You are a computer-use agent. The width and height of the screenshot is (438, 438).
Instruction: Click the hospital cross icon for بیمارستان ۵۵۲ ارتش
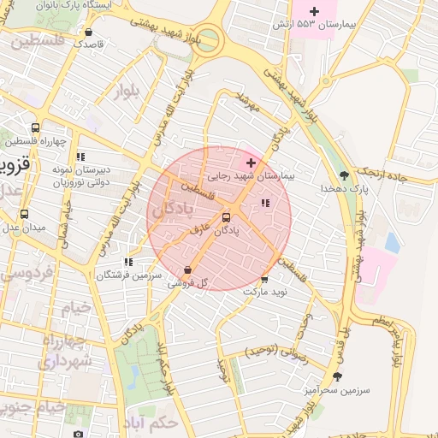pyautogui.click(x=315, y=11)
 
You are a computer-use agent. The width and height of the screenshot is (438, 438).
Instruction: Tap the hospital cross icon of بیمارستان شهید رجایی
pyautogui.click(x=250, y=163)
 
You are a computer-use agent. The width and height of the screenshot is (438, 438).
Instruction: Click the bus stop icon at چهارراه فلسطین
pyautogui.click(x=35, y=128)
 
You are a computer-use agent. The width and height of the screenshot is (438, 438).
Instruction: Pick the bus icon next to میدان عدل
pyautogui.click(x=24, y=214)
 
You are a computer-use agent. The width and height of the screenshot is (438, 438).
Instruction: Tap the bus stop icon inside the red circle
pyautogui.click(x=227, y=217)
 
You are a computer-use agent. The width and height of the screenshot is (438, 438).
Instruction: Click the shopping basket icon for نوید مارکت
pyautogui.click(x=264, y=278)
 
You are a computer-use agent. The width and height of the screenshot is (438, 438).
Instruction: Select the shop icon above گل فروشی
pyautogui.click(x=187, y=269)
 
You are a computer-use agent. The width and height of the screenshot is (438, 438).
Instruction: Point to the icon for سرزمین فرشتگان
pyautogui.click(x=128, y=263)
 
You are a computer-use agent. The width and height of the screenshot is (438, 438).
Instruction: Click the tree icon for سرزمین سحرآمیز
pyautogui.click(x=338, y=376)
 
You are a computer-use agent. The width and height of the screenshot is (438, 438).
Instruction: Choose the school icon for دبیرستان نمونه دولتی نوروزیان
pyautogui.click(x=81, y=157)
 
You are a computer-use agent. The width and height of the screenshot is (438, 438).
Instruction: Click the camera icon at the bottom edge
pyautogui.click(x=79, y=434)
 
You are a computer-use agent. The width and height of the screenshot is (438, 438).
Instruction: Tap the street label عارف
pyautogui.click(x=200, y=229)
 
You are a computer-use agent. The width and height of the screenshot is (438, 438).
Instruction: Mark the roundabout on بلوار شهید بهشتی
pyautogui.click(x=204, y=38)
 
